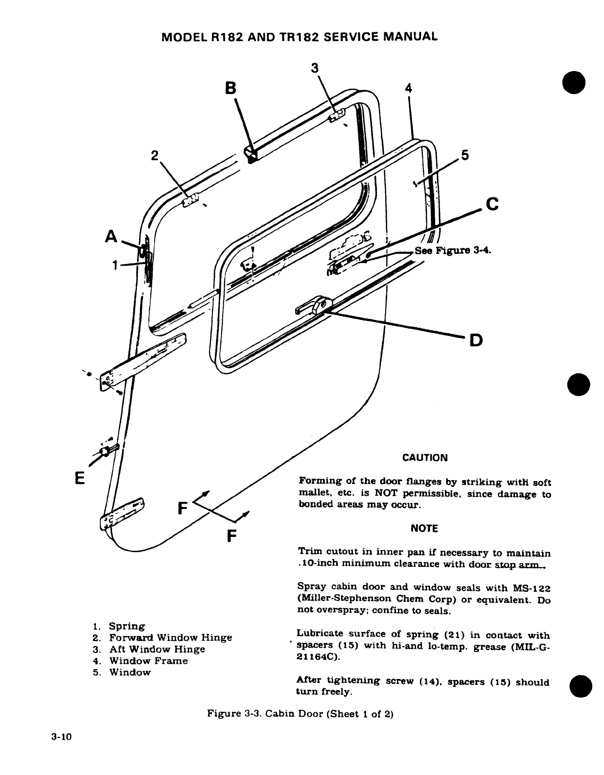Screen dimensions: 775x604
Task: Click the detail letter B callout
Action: pos(230,88)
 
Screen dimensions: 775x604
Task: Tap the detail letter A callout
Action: pos(112,237)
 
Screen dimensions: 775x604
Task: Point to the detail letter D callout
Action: pos(475,339)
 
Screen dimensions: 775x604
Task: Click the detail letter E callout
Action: pos(80,476)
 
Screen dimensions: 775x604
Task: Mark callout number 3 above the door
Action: pos(315,67)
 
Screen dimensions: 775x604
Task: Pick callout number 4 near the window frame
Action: pos(409,88)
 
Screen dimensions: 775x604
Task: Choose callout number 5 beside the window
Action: pos(465,155)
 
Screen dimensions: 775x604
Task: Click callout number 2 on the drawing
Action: pos(155,156)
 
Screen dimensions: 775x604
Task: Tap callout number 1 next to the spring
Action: pos(114,265)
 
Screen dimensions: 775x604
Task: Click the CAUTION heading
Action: pos(424,458)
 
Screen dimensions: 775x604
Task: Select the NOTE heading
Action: pos(424,529)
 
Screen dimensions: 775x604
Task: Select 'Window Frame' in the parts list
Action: pos(148,661)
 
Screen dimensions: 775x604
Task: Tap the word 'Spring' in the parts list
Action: pos(127,626)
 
